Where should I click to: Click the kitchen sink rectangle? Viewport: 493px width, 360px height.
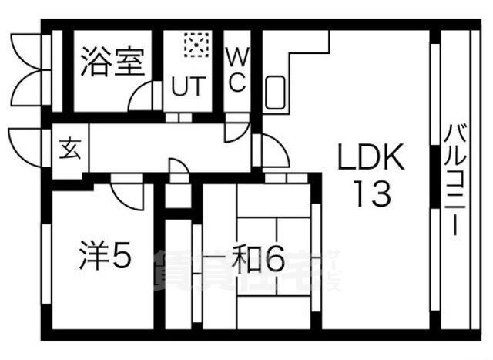pos(275,93)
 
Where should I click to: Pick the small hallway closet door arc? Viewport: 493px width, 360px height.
pos(178,170)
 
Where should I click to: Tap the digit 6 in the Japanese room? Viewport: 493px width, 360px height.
pos(274,260)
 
